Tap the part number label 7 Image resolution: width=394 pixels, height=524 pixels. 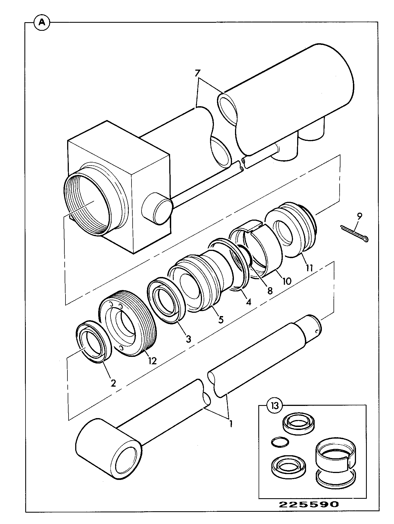(197, 73)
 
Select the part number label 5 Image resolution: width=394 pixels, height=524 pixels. (221, 319)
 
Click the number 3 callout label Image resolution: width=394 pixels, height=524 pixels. (188, 339)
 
